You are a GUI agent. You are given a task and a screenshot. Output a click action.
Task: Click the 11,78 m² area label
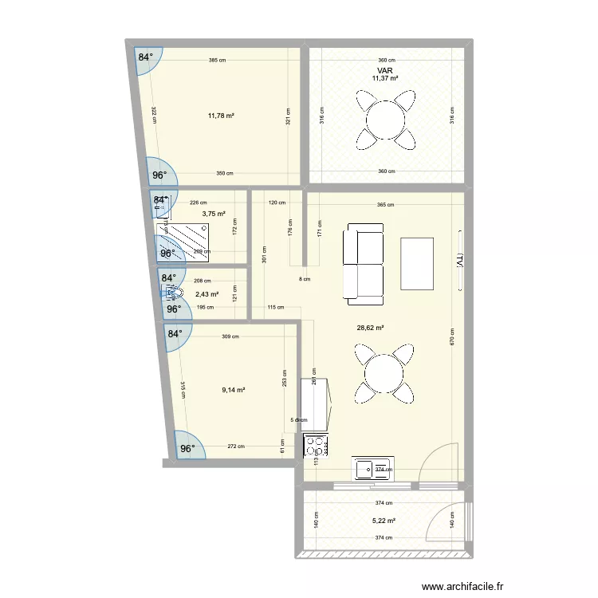(221, 116)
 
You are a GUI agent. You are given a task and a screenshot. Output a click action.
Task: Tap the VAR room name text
(385, 70)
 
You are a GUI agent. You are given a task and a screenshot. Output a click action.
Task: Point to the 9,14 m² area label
(233, 390)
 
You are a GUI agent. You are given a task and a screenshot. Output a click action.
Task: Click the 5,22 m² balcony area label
(385, 521)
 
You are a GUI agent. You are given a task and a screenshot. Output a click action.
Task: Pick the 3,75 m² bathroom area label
(213, 214)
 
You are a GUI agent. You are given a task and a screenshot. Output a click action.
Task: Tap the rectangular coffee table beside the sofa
(418, 264)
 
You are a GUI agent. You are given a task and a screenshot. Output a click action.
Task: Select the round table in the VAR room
(386, 120)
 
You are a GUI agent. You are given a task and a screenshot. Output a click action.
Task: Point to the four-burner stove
(317, 446)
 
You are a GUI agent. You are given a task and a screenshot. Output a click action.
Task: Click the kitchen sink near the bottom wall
(373, 469)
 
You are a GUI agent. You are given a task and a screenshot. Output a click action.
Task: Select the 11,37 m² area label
(385, 78)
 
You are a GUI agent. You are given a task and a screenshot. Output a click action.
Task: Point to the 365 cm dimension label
(385, 205)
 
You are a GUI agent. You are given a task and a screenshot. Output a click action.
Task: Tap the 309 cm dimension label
(230, 337)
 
